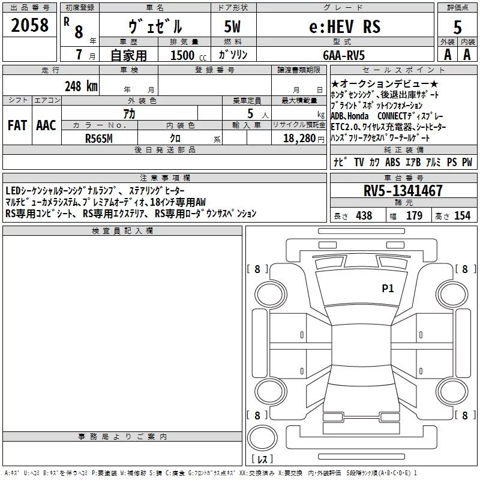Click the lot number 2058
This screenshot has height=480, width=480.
(29, 25)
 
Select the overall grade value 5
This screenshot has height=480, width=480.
(457, 28)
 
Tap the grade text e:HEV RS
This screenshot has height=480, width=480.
(345, 26)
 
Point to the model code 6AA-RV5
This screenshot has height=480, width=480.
(344, 55)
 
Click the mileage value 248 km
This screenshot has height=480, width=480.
(81, 86)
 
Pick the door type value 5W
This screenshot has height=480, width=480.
(232, 26)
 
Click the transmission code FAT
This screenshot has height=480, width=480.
(17, 125)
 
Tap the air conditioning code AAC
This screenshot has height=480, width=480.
(46, 125)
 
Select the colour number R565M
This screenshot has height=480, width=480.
(99, 139)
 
